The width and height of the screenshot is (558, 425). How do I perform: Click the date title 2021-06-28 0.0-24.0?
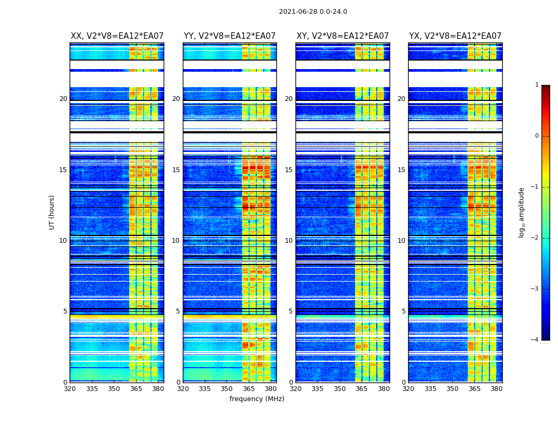point(313,12)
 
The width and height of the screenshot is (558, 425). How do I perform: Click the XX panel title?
point(117,36)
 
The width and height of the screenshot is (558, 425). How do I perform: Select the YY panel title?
point(230,36)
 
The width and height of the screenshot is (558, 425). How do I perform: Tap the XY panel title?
point(342,36)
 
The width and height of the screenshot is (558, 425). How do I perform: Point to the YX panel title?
point(455,36)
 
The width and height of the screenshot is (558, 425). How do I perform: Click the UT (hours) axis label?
point(52,212)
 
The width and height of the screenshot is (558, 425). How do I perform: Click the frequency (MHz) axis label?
point(257,399)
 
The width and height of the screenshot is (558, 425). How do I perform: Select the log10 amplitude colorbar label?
point(522,212)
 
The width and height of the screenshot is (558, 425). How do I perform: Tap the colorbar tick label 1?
point(537,85)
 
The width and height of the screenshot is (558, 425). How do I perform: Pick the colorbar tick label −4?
point(536,340)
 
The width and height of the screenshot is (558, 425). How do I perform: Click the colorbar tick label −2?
point(536,238)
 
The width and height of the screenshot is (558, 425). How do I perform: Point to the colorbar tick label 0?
point(537,136)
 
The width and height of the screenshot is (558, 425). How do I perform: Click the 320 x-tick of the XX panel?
point(70,389)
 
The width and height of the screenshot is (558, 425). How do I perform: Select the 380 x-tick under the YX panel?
point(496,389)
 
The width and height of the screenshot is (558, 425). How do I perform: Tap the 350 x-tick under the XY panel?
point(340,389)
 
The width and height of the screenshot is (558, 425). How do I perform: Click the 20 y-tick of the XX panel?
point(63,99)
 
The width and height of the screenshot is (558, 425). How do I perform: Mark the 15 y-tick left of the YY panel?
point(176,170)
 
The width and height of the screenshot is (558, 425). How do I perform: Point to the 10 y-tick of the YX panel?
point(401,241)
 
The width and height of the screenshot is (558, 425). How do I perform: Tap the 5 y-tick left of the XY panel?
point(291,311)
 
